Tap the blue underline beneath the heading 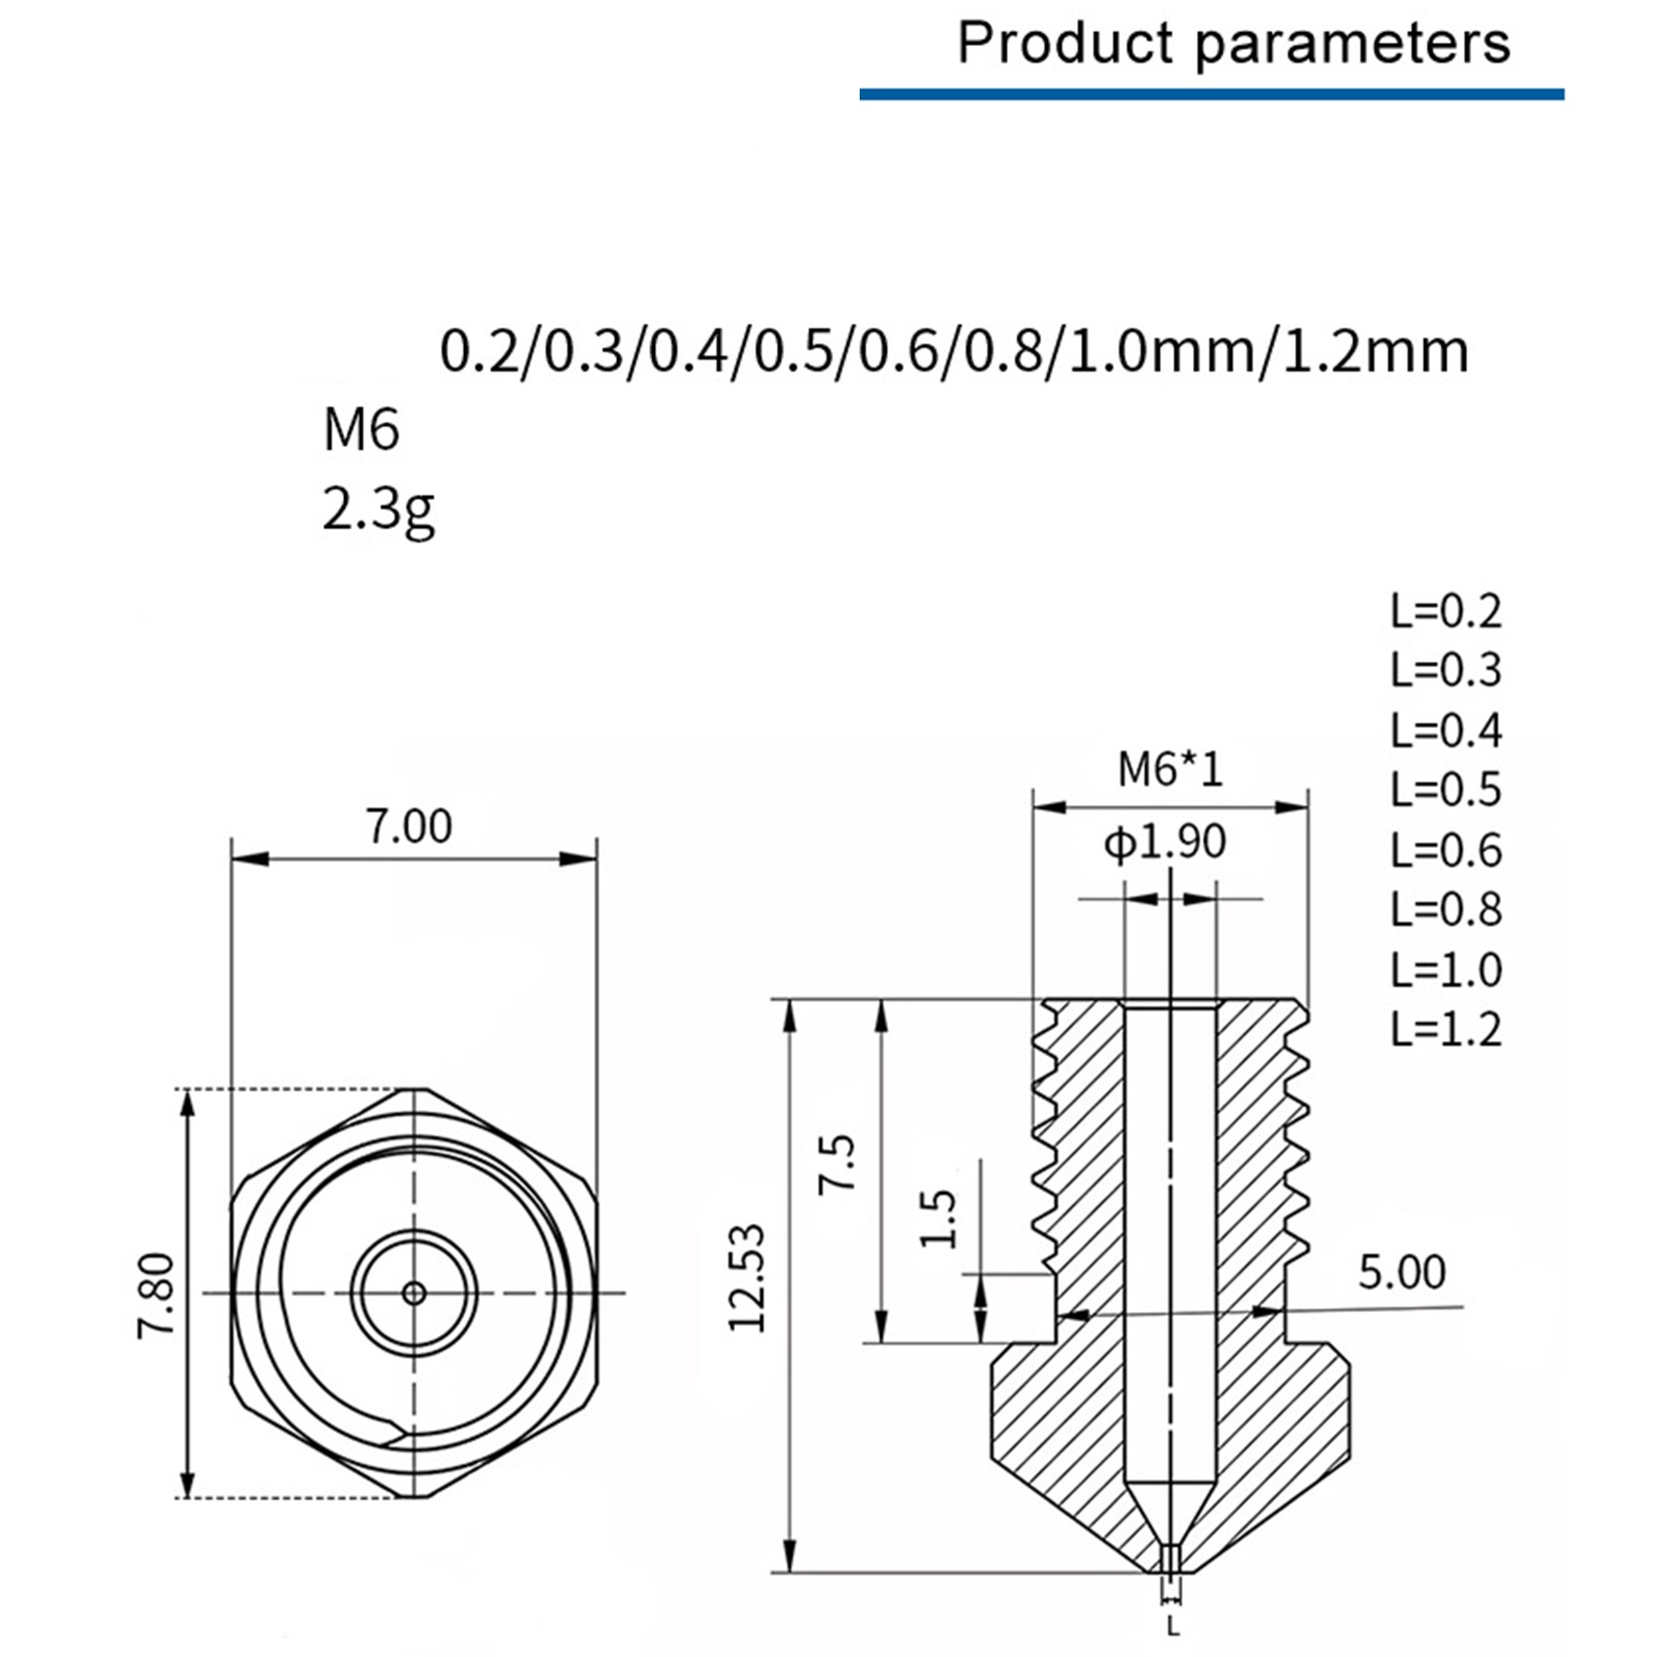[x=1212, y=95]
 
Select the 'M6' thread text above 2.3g [x=361, y=430]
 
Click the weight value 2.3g [x=378, y=510]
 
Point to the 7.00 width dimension [x=409, y=827]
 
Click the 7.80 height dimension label [x=156, y=1295]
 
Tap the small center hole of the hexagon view [x=414, y=1293]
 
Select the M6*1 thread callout [x=1170, y=770]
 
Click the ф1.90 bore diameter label [x=1165, y=842]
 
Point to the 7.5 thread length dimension [x=837, y=1162]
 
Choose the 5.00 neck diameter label [x=1402, y=1273]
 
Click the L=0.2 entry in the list [x=1445, y=611]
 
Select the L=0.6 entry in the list [x=1445, y=850]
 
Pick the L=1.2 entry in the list [x=1445, y=1029]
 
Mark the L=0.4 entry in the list [x=1445, y=730]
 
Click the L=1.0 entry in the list [x=1445, y=970]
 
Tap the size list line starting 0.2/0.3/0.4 [x=954, y=351]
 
